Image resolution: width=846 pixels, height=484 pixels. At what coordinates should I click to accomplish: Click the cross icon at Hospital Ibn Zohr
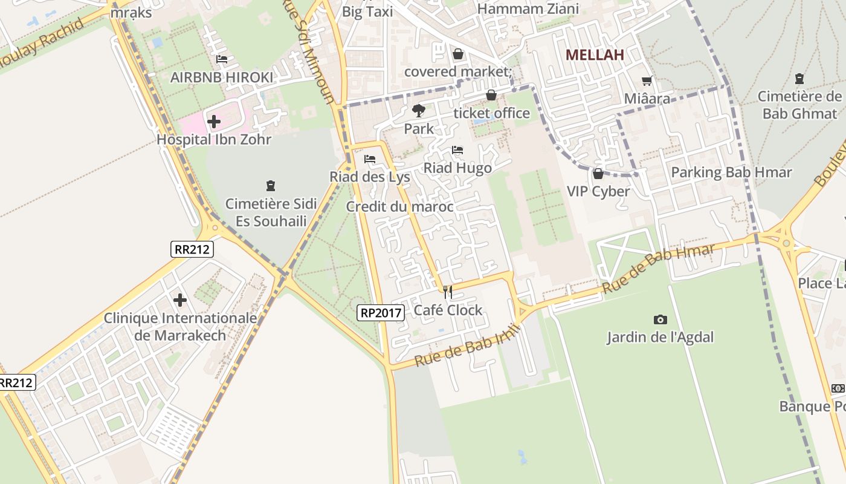click(213, 122)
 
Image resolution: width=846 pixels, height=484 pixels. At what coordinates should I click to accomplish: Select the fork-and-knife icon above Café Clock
click(448, 292)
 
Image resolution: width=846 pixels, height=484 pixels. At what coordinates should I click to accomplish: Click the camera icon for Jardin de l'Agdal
click(660, 319)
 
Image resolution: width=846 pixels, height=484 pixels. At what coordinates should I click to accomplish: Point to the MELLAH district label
click(595, 55)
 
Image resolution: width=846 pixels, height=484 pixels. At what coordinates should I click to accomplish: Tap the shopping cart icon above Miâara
click(647, 80)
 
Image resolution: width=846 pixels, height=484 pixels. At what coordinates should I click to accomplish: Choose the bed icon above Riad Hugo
click(457, 150)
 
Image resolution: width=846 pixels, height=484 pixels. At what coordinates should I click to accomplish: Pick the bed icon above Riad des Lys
click(370, 159)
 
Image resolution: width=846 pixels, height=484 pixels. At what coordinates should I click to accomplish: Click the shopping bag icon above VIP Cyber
click(598, 174)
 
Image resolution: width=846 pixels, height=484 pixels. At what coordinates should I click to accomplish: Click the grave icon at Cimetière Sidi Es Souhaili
click(270, 186)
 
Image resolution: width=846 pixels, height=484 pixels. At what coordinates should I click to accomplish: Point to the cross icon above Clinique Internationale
click(180, 300)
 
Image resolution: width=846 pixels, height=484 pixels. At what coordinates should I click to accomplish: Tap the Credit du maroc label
click(399, 207)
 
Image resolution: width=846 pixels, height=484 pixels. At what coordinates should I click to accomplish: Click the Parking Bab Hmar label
click(731, 172)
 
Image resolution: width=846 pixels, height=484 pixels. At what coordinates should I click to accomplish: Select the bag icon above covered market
click(458, 54)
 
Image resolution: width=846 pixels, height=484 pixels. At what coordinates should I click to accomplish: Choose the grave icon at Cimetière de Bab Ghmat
click(799, 79)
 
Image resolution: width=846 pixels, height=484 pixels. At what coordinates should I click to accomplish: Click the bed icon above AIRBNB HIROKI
click(222, 59)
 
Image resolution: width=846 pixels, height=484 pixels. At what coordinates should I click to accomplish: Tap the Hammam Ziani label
click(528, 9)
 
